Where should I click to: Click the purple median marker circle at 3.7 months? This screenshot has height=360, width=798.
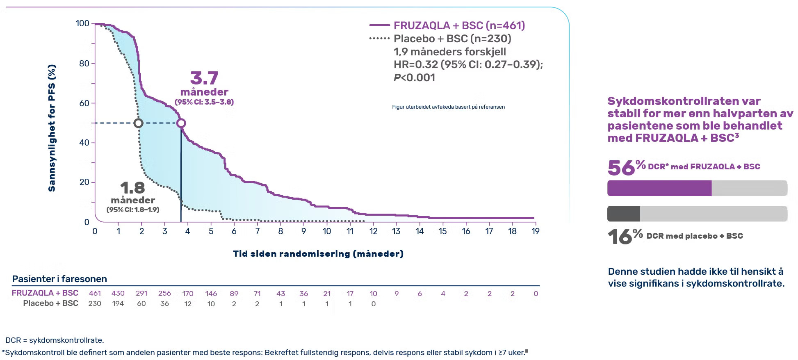coord(181,123)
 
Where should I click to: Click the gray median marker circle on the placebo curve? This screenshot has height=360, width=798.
coord(139,123)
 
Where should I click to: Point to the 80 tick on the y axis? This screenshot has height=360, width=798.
coord(84,64)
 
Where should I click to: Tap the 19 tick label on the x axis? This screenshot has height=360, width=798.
coord(536,231)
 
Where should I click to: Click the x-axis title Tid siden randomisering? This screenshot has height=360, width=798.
coord(318,254)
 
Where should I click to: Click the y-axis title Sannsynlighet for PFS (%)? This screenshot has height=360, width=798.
coord(52,128)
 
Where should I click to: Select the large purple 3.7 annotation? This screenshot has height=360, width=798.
coord(204,78)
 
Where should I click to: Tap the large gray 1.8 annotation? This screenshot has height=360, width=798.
coord(132,188)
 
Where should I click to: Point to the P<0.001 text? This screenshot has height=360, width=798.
coord(414,77)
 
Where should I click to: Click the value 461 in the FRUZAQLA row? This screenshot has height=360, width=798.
coord(95,293)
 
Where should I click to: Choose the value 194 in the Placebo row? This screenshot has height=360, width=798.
coord(118,303)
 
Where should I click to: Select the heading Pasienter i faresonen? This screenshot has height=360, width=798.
coord(59,279)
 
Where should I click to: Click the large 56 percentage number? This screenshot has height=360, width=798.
coord(621,168)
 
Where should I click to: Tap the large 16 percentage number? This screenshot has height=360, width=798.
coord(620,237)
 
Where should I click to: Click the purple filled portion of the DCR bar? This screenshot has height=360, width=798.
coord(659,188)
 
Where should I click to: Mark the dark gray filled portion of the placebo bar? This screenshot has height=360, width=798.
coord(623,214)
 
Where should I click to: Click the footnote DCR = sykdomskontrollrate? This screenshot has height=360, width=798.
coord(55,340)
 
